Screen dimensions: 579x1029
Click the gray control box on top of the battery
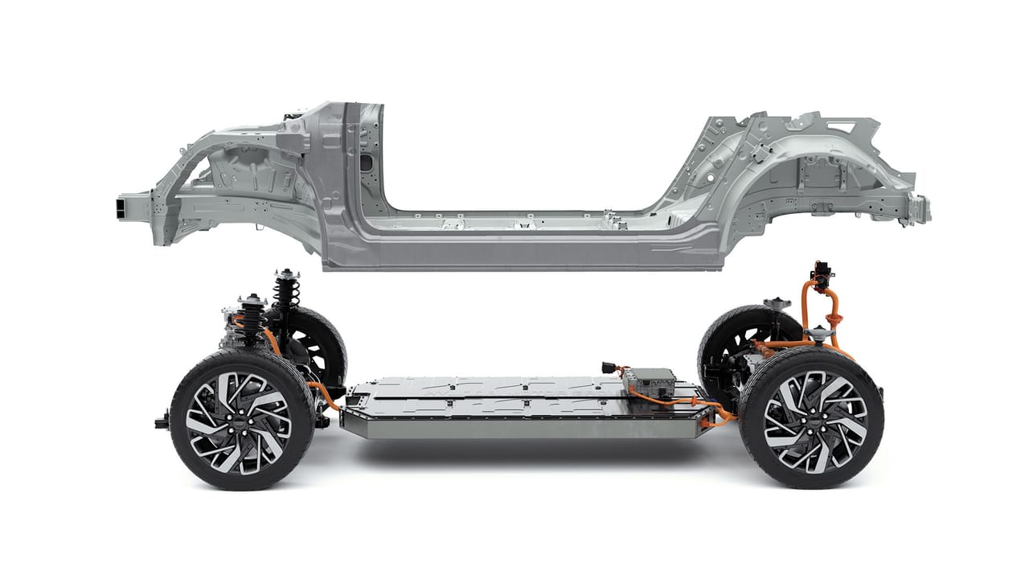(651, 379)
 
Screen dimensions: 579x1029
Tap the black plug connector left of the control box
(609, 368)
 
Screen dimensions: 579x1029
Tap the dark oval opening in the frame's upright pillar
(367, 162)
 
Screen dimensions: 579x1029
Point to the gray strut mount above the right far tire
(777, 305)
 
